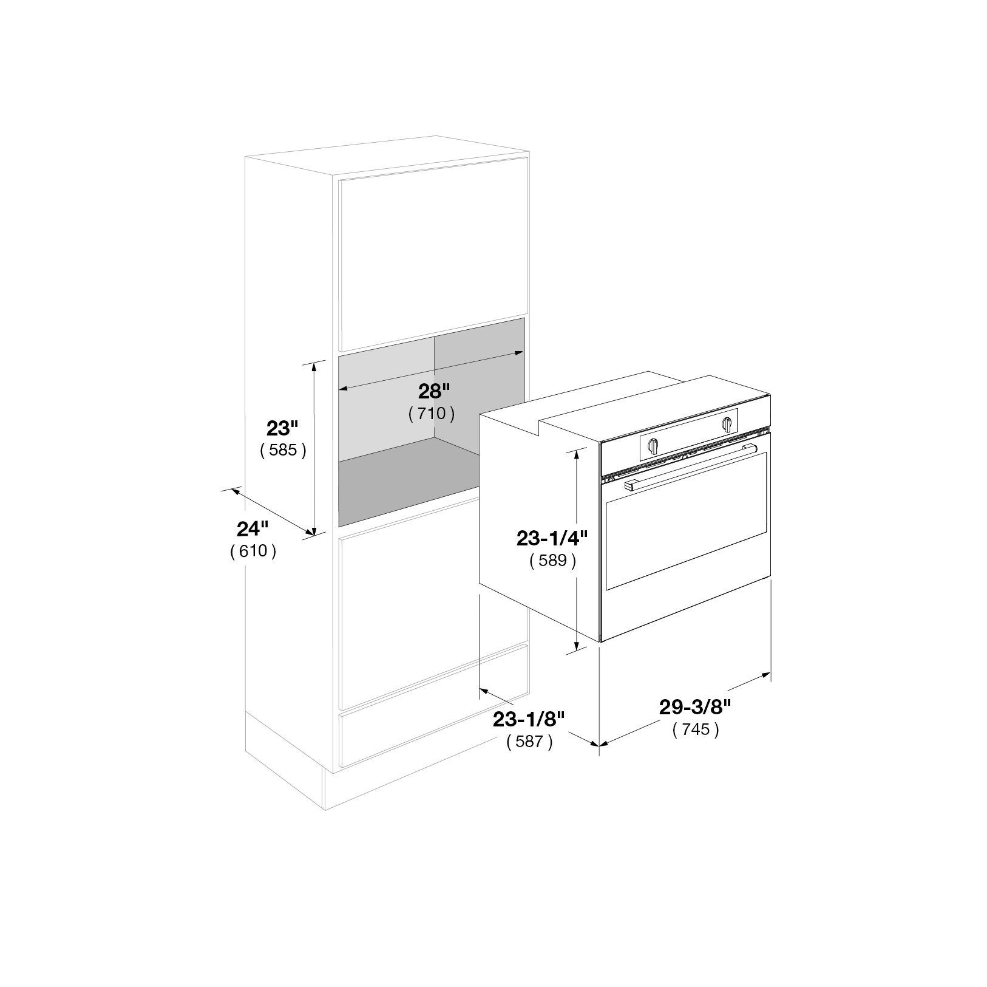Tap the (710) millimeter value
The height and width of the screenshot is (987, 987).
tap(432, 414)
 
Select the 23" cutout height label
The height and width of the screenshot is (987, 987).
tap(282, 428)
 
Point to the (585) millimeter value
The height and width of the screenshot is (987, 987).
tap(282, 451)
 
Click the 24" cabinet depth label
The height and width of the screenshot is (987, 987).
tap(253, 528)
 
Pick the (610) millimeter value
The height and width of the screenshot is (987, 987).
tap(253, 552)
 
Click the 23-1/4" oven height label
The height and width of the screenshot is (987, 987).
tap(552, 538)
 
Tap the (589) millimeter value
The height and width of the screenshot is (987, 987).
tap(552, 561)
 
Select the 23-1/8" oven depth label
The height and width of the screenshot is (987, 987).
tap(529, 719)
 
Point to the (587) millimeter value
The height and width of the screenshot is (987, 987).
tap(529, 742)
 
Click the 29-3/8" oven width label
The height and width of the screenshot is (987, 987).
tap(695, 706)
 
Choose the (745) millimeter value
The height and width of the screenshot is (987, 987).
tap(696, 729)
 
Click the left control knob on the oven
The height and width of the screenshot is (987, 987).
tap(653, 445)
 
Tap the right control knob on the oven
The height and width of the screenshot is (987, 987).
tap(727, 425)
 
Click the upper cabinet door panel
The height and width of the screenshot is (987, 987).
tap(433, 254)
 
